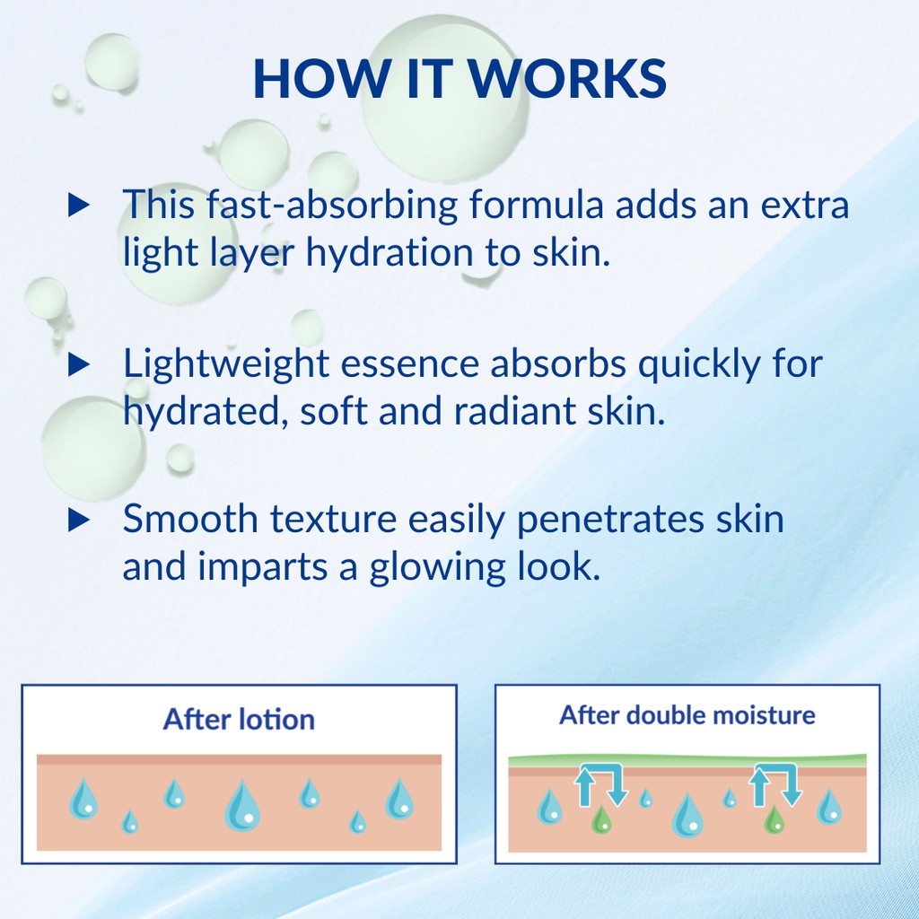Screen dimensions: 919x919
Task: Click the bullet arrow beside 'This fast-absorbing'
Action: (79, 206)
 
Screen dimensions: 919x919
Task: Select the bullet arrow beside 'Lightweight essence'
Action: (79, 364)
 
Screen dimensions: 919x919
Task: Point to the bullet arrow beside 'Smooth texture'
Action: (79, 520)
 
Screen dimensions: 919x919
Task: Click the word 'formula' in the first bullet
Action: (537, 205)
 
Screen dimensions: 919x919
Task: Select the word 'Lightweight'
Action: (225, 364)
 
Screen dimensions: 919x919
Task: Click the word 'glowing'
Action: (437, 567)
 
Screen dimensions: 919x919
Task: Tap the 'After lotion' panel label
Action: (239, 719)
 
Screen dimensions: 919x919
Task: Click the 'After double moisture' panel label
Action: (687, 715)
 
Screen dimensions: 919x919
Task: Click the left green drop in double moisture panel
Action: (600, 819)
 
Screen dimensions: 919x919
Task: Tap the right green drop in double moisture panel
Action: (774, 819)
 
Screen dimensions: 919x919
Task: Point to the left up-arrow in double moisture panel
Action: (584, 786)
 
